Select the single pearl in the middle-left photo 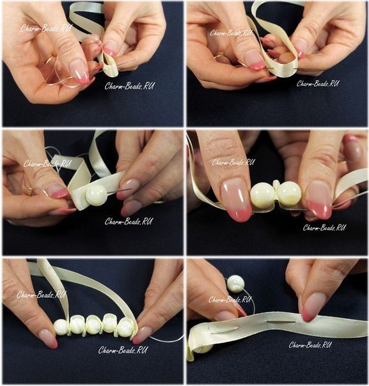(97, 195)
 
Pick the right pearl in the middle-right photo (290, 194)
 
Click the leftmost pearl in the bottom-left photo (61, 327)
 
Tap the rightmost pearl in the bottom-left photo (127, 326)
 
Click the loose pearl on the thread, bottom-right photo (235, 284)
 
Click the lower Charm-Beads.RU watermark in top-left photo (129, 86)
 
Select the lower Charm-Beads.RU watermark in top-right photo (317, 84)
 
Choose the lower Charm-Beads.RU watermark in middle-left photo (128, 222)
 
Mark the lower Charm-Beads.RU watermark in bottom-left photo (123, 350)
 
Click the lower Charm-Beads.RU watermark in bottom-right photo (310, 345)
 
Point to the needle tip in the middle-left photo (132, 189)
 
